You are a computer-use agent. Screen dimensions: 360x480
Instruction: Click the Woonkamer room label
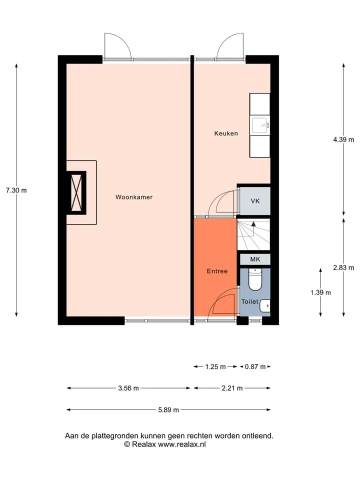(x=134, y=197)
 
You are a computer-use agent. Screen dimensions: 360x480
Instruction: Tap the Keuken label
(x=226, y=133)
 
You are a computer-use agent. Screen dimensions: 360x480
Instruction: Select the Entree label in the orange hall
(x=217, y=271)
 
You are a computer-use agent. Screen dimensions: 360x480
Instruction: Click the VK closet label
(x=255, y=201)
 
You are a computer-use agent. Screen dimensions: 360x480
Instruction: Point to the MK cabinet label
(x=255, y=259)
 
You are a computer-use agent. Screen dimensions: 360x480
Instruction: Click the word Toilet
(x=250, y=301)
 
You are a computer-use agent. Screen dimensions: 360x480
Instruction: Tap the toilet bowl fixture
(x=254, y=279)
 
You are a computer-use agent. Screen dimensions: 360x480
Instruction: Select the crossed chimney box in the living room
(x=76, y=192)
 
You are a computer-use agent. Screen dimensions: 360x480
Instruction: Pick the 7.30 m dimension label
(x=16, y=190)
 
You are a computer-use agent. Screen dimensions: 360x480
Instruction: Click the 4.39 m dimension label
(x=343, y=139)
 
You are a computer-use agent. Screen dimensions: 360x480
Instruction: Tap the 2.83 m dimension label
(x=343, y=267)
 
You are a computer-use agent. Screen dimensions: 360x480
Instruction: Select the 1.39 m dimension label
(x=320, y=292)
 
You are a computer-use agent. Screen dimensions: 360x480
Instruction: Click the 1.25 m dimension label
(x=215, y=366)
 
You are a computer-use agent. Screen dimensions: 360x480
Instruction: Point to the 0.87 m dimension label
(x=255, y=366)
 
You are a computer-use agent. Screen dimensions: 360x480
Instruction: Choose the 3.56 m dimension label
(x=128, y=388)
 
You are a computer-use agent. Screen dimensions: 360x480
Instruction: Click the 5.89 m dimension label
(x=168, y=409)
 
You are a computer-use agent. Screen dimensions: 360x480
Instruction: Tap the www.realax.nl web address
(x=182, y=444)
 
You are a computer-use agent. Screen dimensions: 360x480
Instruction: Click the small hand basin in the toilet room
(x=265, y=305)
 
